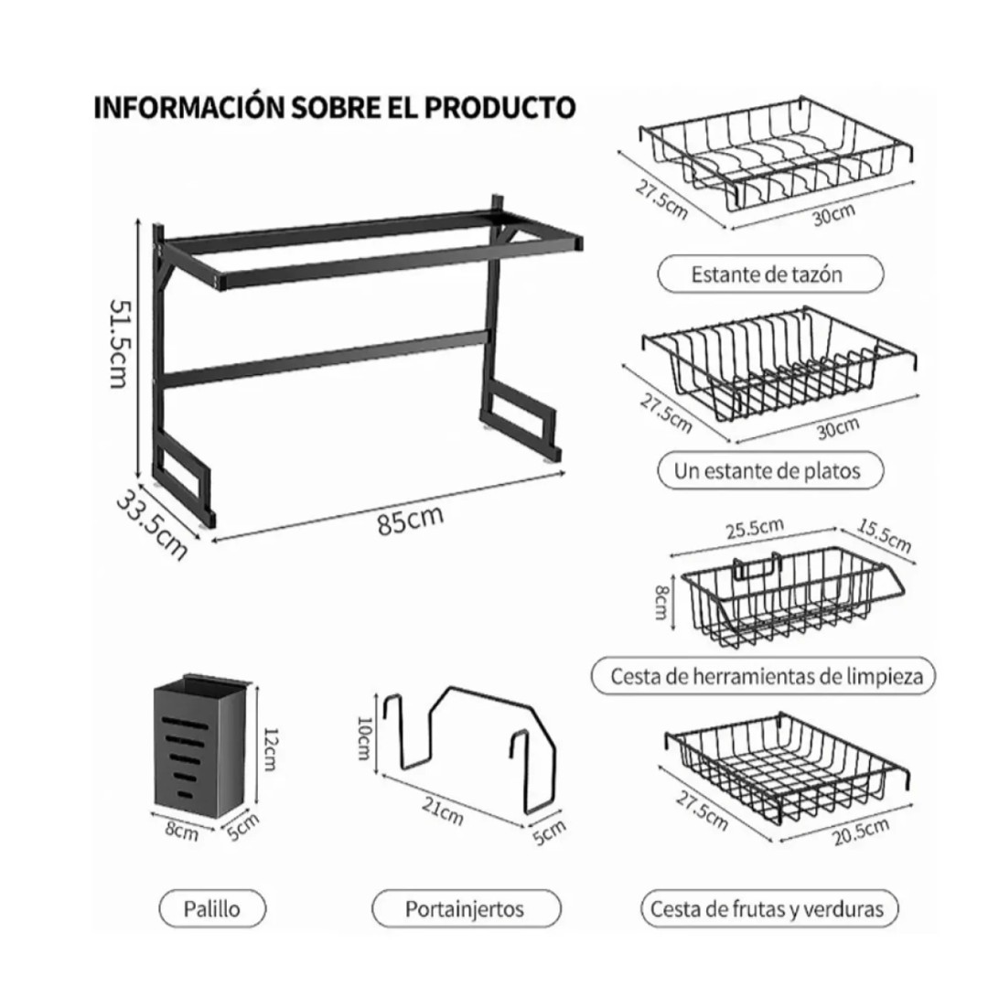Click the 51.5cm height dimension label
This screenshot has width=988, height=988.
coord(119,343)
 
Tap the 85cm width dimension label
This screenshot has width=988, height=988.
coord(410,520)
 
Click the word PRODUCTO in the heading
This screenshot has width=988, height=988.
coord(499,107)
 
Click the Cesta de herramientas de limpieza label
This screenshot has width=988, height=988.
coord(764,676)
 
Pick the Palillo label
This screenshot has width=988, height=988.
coord(212,908)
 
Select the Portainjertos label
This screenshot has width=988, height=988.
coord(466,908)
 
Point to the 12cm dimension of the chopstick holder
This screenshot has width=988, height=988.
coord(269,748)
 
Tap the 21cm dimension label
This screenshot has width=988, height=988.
coord(443,811)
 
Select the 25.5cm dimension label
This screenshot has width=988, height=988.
coord(755,529)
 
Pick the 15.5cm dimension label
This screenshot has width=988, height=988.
coord(884,535)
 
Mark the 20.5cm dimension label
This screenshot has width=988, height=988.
coord(862,832)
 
